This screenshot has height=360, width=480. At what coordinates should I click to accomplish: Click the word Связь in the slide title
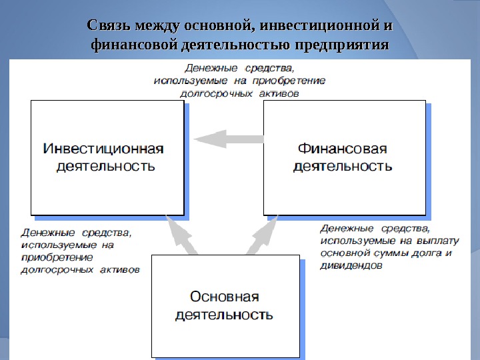click(x=109, y=27)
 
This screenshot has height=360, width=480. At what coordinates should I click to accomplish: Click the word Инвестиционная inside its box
click(x=103, y=148)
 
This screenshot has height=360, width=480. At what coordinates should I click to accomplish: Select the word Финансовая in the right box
click(x=342, y=148)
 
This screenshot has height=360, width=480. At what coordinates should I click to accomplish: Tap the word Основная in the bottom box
click(x=225, y=297)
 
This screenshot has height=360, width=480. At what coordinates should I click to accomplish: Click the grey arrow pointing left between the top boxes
click(x=227, y=139)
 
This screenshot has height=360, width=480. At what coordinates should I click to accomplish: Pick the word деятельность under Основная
click(x=224, y=315)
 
